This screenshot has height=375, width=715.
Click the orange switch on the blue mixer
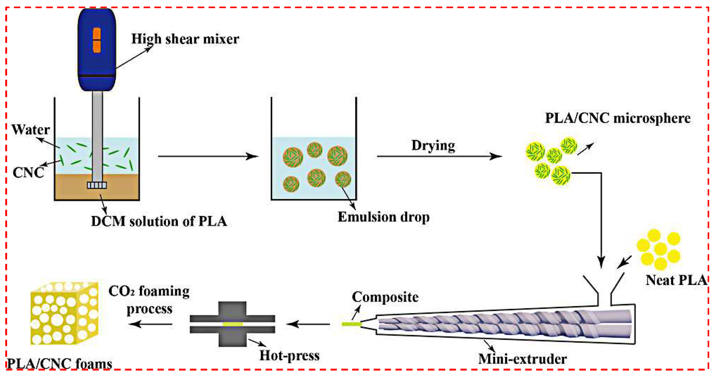pyautogui.click(x=97, y=40)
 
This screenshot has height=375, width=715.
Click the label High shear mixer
pyautogui.click(x=185, y=39)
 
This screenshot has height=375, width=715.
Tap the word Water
pyautogui.click(x=31, y=130)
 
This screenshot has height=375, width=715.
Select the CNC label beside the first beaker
pyautogui.click(x=28, y=173)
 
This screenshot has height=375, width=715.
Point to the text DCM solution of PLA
pyautogui.click(x=159, y=221)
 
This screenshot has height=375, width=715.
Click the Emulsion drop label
pyautogui.click(x=383, y=217)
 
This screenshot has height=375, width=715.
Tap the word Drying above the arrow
pyautogui.click(x=433, y=145)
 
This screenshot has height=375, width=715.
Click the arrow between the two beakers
pyautogui.click(x=208, y=156)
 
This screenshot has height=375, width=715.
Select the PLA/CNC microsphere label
pyautogui.click(x=618, y=118)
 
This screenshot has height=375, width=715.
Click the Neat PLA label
pyautogui.click(x=676, y=280)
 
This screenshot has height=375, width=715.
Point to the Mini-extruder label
pyautogui.click(x=522, y=359)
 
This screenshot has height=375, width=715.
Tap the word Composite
pyautogui.click(x=385, y=297)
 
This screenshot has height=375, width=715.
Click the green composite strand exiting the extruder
pyautogui.click(x=351, y=324)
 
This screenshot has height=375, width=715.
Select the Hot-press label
pyautogui.click(x=289, y=356)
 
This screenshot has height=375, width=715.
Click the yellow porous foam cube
pyautogui.click(x=64, y=314)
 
